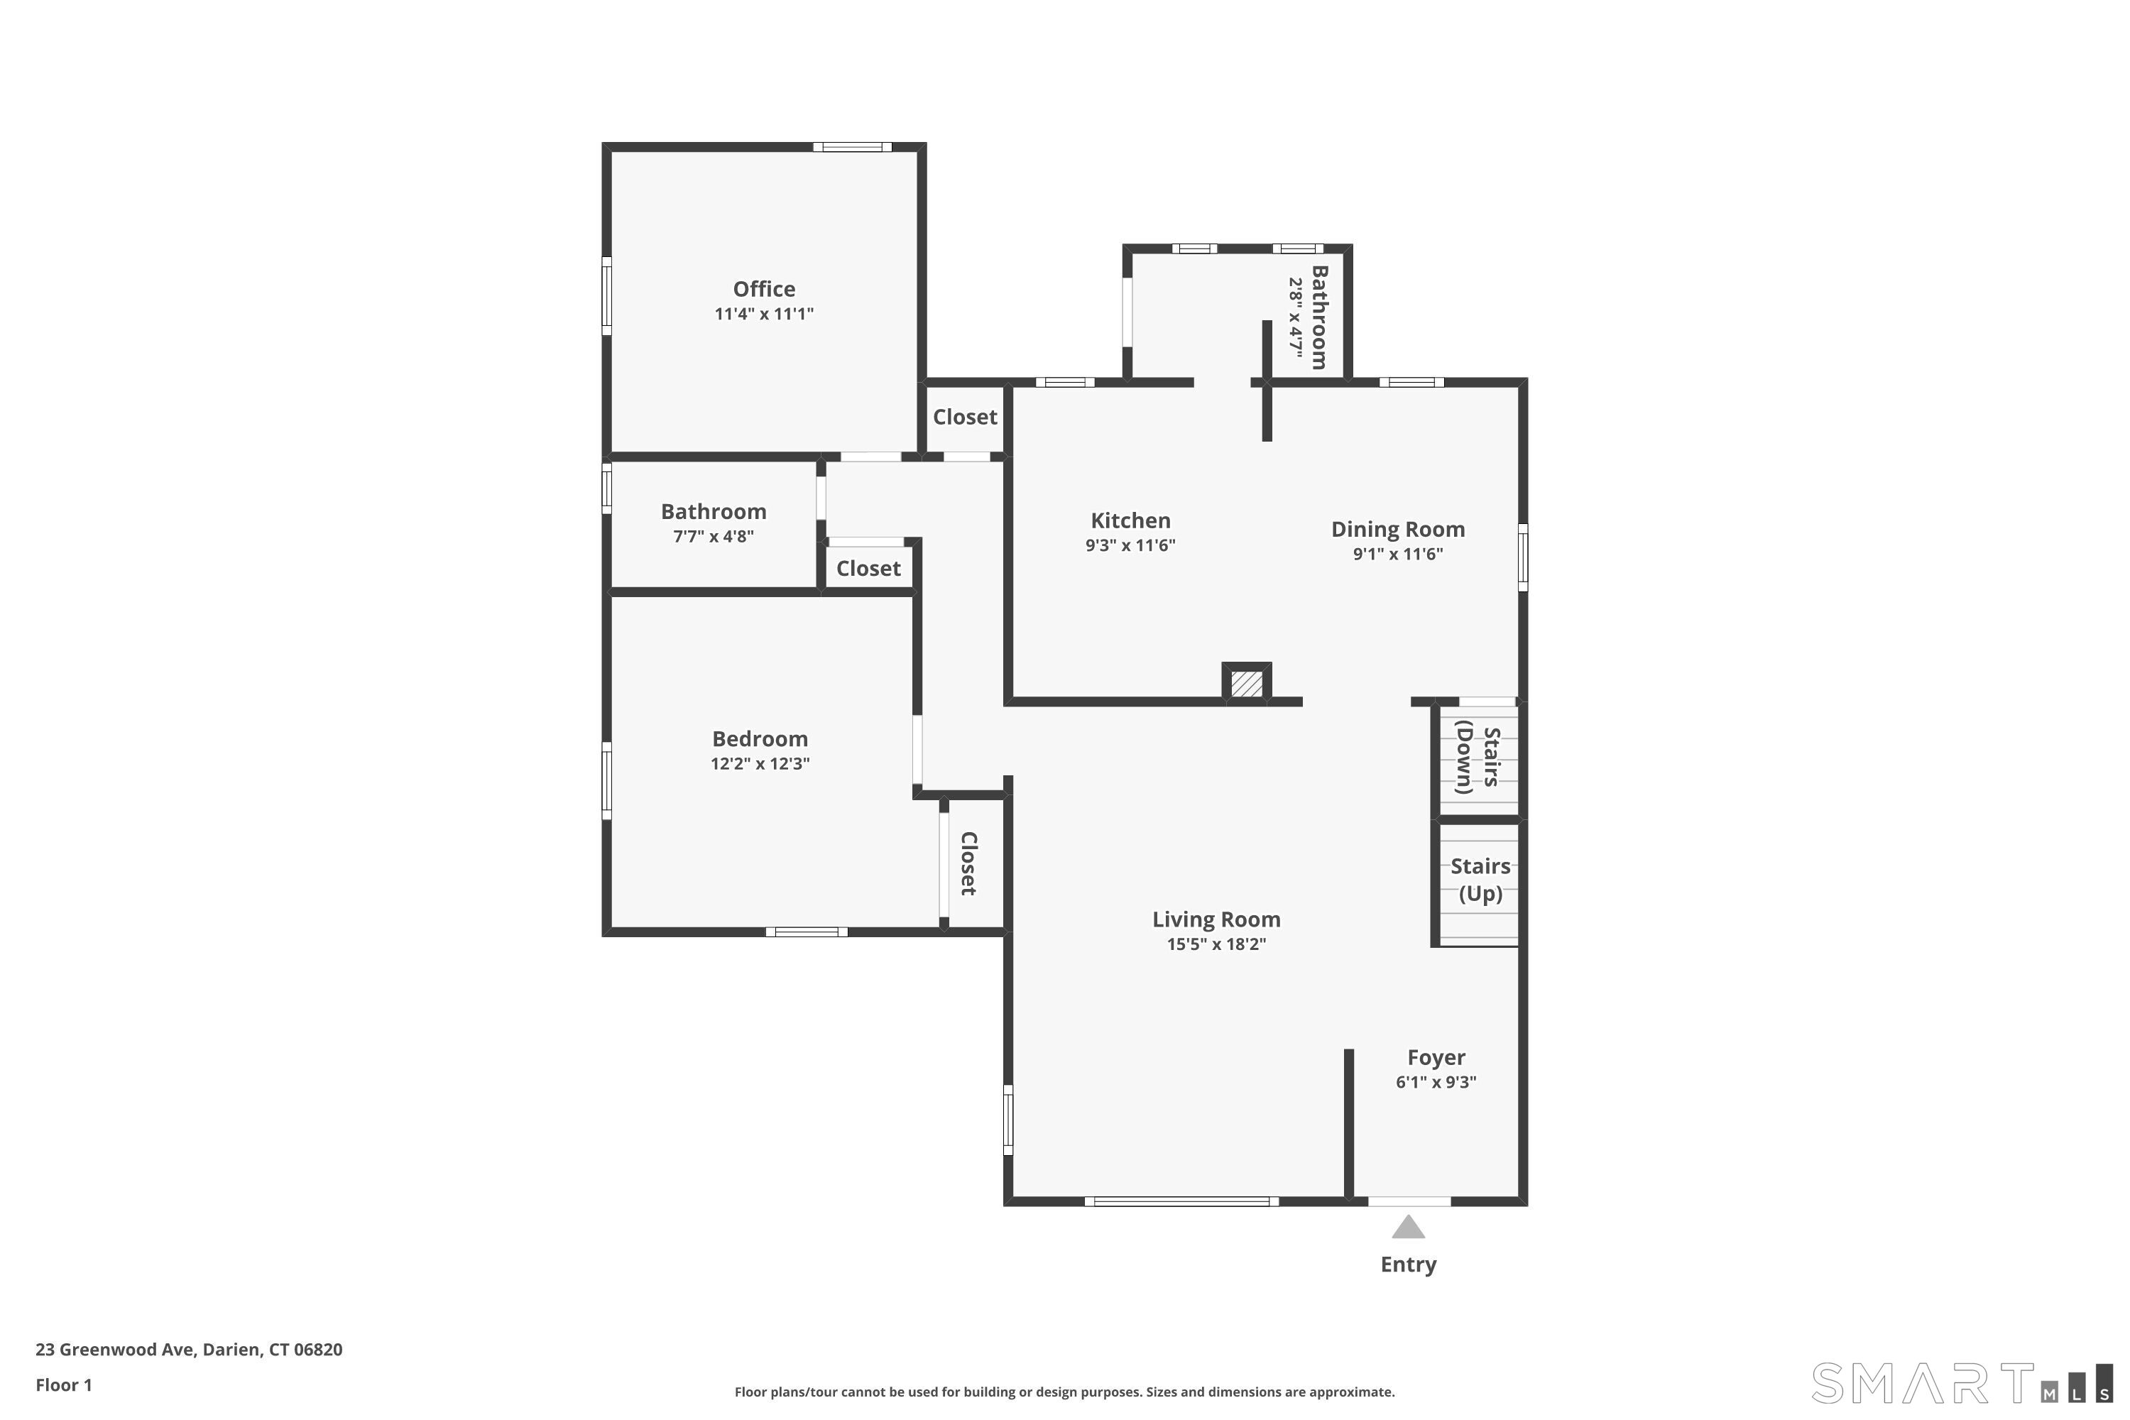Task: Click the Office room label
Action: pos(763,289)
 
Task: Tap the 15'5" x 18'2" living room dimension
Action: pos(1216,944)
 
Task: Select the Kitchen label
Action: pos(1130,520)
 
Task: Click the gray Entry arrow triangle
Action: pos(1407,1229)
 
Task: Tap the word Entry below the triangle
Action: pos(1407,1265)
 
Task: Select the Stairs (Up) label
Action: pos(1480,880)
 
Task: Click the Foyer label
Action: pos(1436,1057)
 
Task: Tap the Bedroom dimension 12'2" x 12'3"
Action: pos(760,763)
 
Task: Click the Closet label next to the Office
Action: pos(964,417)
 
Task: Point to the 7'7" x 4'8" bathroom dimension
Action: pos(713,536)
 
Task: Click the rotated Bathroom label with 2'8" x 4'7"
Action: pos(1308,317)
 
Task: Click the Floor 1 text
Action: pos(63,1384)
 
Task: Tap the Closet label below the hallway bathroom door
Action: pos(868,569)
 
